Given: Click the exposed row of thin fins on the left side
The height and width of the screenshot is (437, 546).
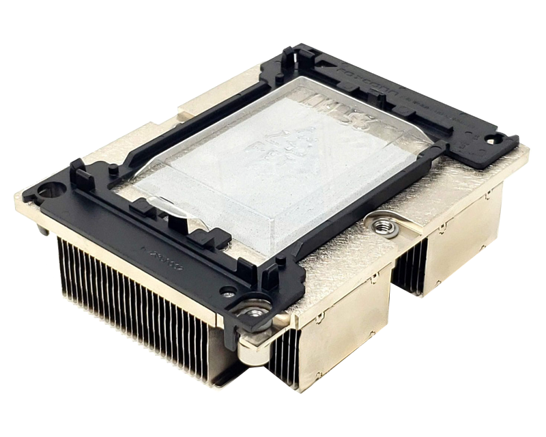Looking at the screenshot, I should click(136, 300).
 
